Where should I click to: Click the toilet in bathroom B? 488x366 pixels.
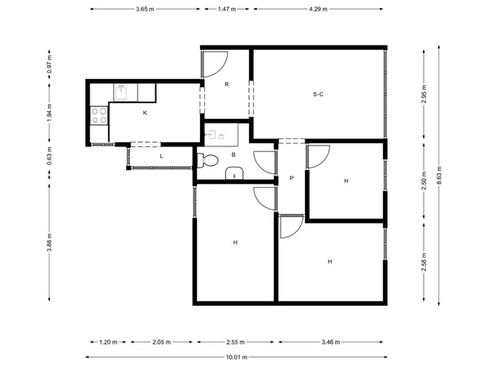click(207, 160)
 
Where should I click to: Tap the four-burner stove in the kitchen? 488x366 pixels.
click(99, 115)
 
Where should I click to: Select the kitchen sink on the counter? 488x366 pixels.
click(120, 93)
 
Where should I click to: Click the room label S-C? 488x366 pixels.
click(318, 94)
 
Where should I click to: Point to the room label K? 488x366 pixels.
click(145, 113)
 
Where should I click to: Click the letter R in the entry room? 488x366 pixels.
click(227, 85)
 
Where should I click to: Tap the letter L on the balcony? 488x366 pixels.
click(161, 156)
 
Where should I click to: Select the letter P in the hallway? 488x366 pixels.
click(291, 178)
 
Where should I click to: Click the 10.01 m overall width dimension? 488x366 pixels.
click(237, 357)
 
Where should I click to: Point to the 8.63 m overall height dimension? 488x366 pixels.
click(439, 175)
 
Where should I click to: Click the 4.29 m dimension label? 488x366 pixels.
click(318, 9)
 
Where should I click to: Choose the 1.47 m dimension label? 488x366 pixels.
click(227, 9)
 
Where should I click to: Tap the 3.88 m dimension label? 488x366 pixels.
click(50, 242)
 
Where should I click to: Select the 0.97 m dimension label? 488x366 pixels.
click(50, 64)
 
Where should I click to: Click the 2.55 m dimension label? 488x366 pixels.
click(236, 342)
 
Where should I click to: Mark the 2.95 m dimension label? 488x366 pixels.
click(424, 94)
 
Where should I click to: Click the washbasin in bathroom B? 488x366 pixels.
click(234, 173)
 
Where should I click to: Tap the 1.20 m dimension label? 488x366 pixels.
click(108, 342)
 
